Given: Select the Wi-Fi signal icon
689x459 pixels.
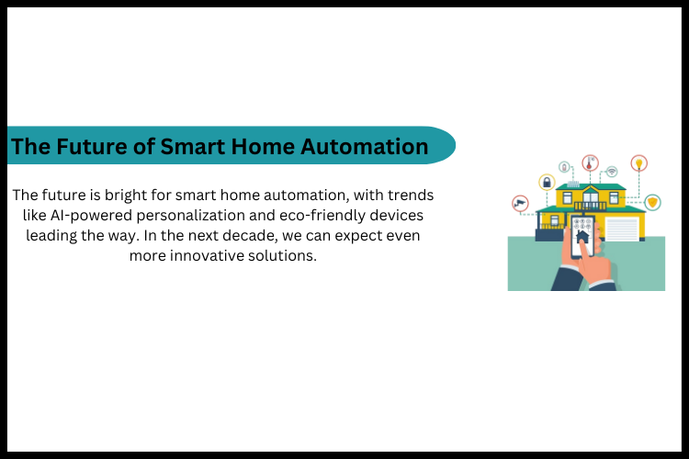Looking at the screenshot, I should point(611,172).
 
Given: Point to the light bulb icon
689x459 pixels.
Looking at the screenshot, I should point(638,163).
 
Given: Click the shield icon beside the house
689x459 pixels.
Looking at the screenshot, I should point(652,202).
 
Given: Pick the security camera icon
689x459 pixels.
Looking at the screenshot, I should point(521,203).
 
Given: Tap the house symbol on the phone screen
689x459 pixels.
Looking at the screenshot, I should point(581,235).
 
